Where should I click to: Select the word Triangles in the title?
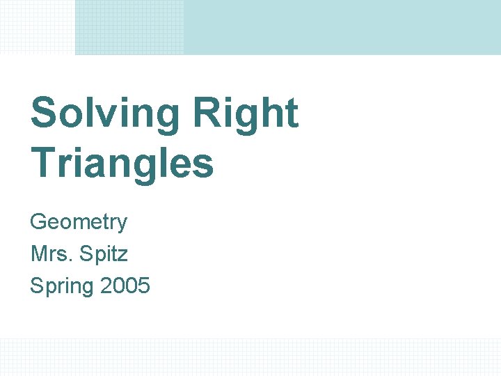click(122, 162)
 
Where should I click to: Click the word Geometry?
click(79, 223)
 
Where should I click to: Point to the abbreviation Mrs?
click(51, 253)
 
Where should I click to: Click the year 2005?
click(125, 285)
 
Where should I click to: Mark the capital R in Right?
click(206, 113)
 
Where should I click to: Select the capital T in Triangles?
click(43, 162)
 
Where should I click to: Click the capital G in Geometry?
click(38, 222)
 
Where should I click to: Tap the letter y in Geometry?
click(122, 225)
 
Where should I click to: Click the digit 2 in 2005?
click(106, 285)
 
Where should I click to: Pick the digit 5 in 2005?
click(143, 285)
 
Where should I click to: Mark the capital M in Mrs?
click(38, 253)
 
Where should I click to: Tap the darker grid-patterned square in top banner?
click(129, 26)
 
